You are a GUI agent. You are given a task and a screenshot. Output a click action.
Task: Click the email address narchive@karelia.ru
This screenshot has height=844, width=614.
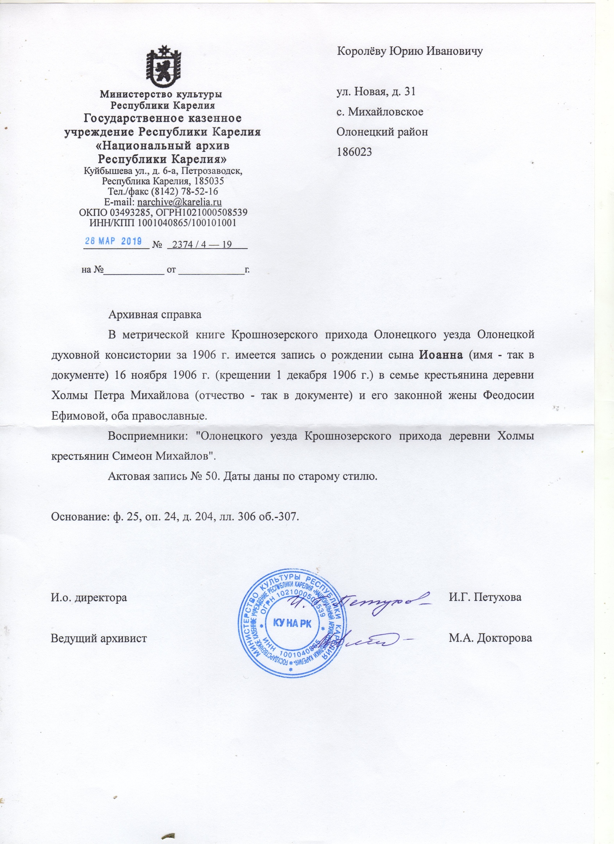coord(180,202)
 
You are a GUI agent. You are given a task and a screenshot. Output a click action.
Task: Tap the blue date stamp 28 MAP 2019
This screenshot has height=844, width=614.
coord(113,241)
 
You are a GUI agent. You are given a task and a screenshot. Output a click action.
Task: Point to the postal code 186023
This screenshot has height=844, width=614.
coord(354,152)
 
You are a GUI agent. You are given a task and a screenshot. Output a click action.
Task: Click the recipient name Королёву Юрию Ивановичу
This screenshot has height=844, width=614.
coord(409,51)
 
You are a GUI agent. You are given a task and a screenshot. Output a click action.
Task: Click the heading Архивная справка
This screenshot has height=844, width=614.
coord(155,315)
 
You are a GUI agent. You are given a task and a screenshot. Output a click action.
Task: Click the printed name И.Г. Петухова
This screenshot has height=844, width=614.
coord(485,597)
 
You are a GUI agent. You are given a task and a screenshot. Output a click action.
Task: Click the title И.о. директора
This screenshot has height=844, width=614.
coord(89,597)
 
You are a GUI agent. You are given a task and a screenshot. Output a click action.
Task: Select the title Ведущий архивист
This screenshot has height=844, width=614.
coord(99,638)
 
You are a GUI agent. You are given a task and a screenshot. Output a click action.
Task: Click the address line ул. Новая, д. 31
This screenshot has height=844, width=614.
coord(376,91)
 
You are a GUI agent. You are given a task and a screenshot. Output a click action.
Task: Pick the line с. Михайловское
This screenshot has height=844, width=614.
coord(380,112)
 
